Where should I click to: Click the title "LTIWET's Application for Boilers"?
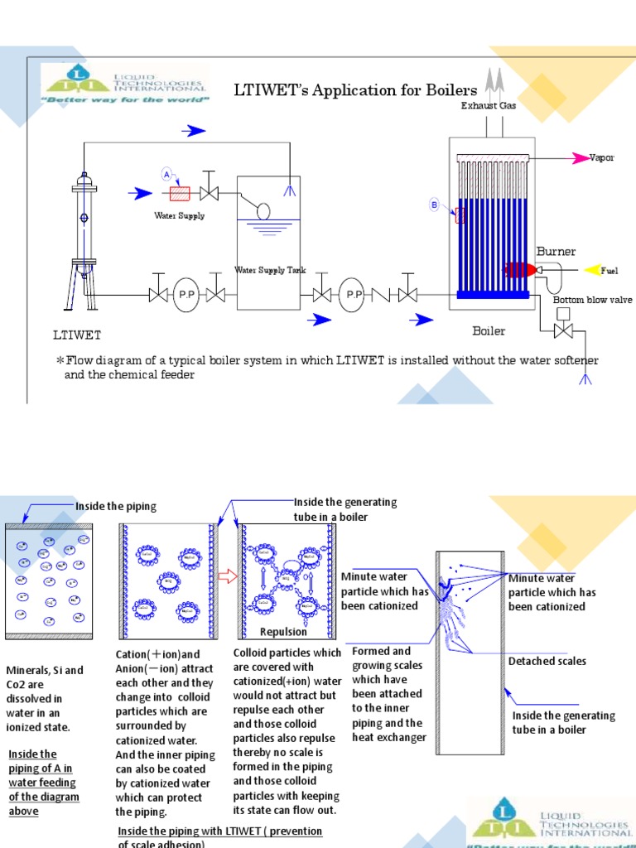356,89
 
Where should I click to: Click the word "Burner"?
556,251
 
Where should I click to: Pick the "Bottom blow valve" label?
592,300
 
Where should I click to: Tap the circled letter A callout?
166,175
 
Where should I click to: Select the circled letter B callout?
433,205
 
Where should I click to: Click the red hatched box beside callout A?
180,194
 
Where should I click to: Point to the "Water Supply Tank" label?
270,270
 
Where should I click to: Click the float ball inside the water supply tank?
263,211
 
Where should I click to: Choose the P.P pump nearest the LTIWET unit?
185,295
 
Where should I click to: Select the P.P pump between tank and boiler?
354,295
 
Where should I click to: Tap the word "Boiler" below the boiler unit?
489,331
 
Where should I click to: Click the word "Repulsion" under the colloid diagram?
283,632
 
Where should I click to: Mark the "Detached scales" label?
547,661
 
